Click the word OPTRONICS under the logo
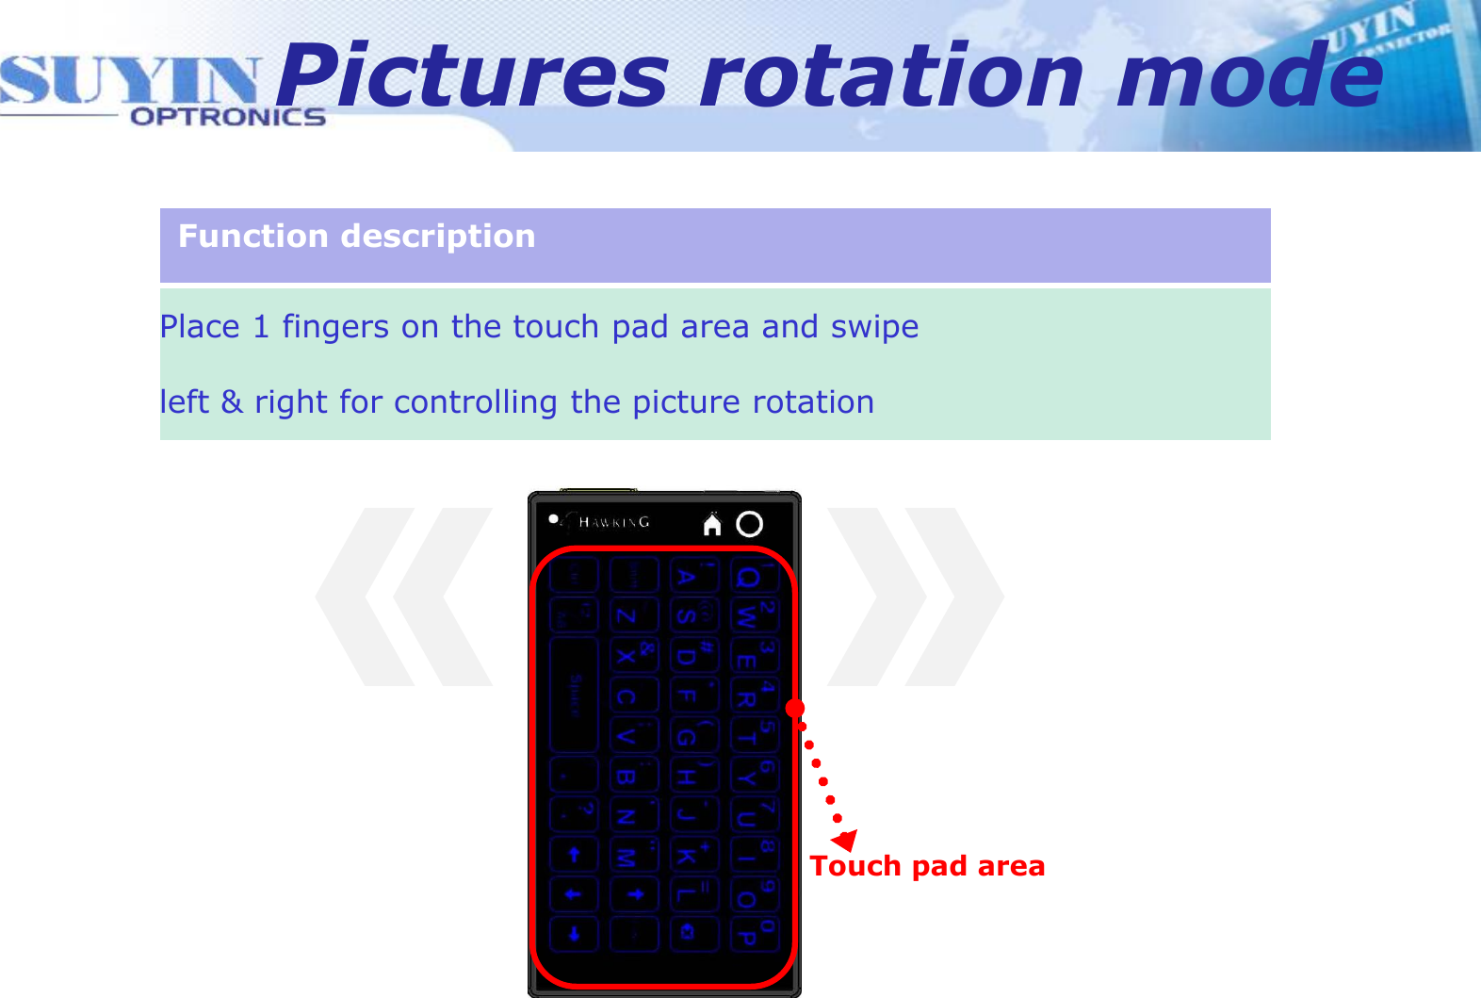pyautogui.click(x=227, y=117)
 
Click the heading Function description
pyautogui.click(x=356, y=236)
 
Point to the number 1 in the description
pyautogui.click(x=261, y=327)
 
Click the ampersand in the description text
pyautogui.click(x=232, y=402)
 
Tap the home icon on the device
pyautogui.click(x=712, y=524)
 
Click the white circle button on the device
pyautogui.click(x=750, y=524)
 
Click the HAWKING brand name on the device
pyautogui.click(x=613, y=522)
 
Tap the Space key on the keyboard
pyautogui.click(x=574, y=695)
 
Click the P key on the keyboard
pyautogui.click(x=747, y=934)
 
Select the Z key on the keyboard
pyautogui.click(x=626, y=616)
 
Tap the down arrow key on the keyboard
pyautogui.click(x=574, y=934)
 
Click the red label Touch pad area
pyautogui.click(x=927, y=866)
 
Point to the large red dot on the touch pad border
pyautogui.click(x=795, y=708)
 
